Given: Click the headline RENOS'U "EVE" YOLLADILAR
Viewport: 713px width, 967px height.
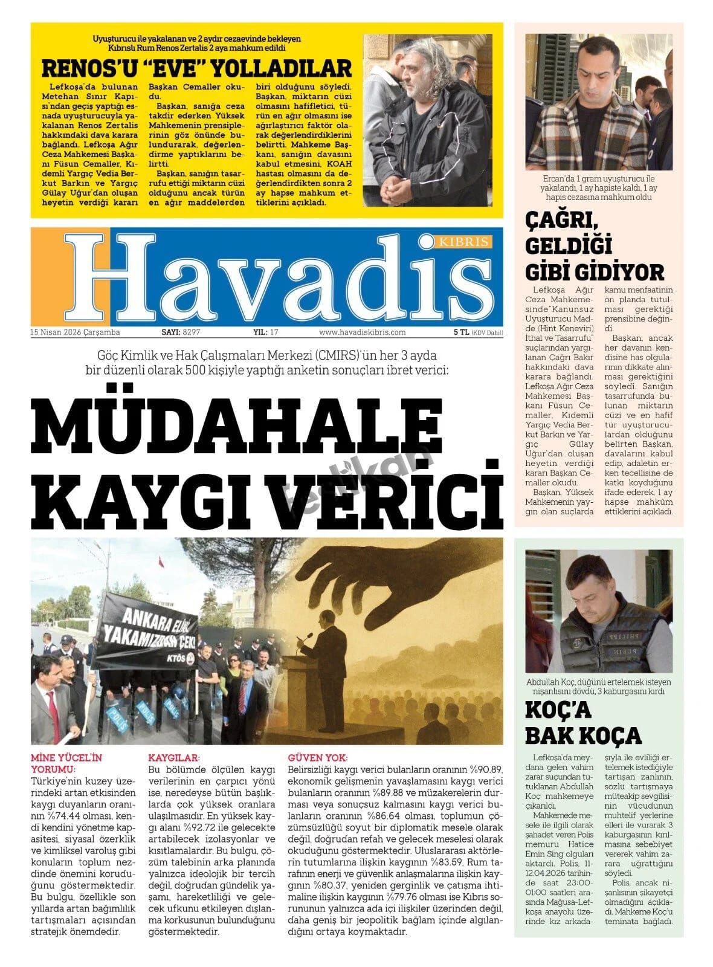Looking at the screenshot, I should pos(196,68).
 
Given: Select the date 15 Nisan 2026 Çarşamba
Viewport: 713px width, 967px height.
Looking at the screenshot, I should pos(75,332).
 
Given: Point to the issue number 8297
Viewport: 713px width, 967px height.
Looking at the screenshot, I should pos(191,332).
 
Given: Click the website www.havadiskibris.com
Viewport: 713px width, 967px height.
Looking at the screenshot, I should pos(362,332).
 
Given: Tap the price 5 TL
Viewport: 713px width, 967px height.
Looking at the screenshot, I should pos(462,332).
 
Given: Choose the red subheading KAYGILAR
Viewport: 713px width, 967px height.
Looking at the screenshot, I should pos(174,757).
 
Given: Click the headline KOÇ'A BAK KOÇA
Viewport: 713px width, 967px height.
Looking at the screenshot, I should pos(583,722).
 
